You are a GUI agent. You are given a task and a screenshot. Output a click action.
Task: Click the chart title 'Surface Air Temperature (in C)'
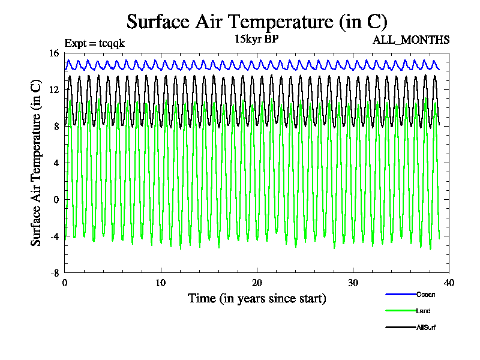(x=257, y=22)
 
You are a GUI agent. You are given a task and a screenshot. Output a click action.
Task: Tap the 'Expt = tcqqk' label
(x=94, y=43)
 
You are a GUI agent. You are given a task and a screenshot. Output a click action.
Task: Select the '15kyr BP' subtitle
(x=257, y=40)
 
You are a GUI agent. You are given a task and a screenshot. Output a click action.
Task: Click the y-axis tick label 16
(x=54, y=53)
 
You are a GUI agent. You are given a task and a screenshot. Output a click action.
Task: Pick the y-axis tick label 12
(x=54, y=90)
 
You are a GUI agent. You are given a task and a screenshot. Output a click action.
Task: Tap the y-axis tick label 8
(x=56, y=127)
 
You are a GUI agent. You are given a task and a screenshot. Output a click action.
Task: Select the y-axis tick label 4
(x=56, y=163)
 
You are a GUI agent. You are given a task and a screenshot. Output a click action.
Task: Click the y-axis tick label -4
(x=55, y=236)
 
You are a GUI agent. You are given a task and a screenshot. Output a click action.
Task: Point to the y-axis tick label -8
(x=55, y=273)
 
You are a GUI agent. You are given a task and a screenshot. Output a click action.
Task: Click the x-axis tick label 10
(x=161, y=283)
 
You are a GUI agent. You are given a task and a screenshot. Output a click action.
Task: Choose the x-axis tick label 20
(x=257, y=283)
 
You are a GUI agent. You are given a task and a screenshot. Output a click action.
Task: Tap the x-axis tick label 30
(x=353, y=283)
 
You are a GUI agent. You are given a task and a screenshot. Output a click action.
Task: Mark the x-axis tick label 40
(x=449, y=283)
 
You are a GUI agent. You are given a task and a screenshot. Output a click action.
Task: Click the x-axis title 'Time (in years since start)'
(x=257, y=298)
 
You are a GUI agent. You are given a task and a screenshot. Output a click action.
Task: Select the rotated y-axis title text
(x=37, y=163)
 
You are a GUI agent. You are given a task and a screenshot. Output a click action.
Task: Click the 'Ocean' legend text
(x=425, y=295)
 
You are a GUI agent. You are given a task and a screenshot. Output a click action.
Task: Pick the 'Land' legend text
(x=423, y=311)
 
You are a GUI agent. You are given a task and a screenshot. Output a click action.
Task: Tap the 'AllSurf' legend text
(x=425, y=328)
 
